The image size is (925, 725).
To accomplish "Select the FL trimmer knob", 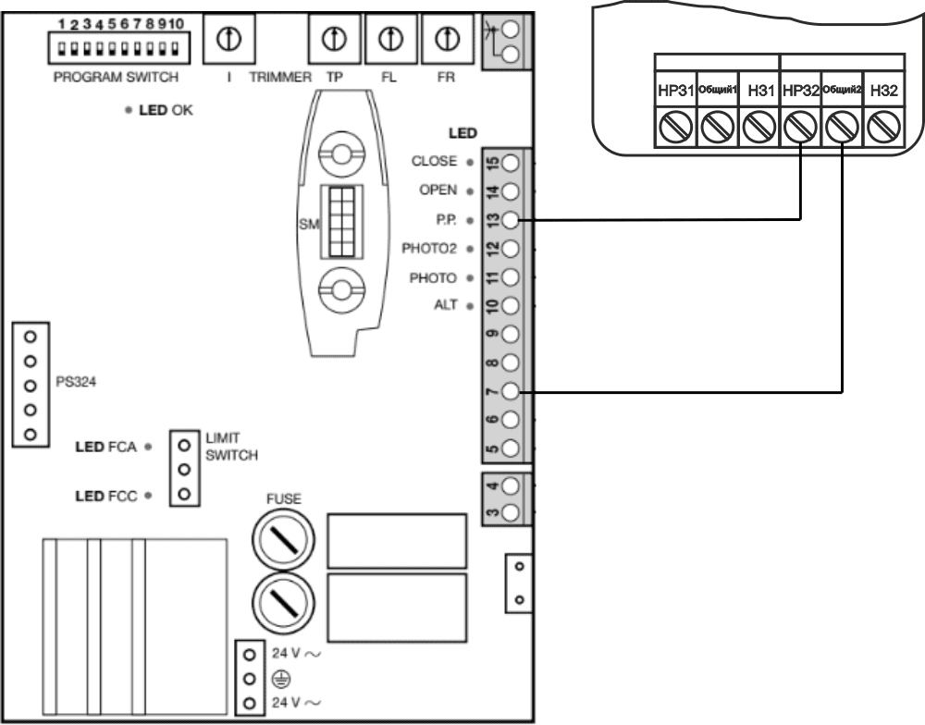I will point(390,38).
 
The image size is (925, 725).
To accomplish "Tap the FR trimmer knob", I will point(448,38).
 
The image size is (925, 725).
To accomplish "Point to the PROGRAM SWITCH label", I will point(116,78).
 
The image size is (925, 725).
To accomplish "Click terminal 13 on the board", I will point(511,220).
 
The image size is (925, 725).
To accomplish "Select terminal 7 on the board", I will point(511,392).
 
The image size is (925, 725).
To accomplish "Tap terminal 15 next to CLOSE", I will point(511,163).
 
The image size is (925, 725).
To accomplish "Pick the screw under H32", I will point(883,126).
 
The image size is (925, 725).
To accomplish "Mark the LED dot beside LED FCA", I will point(148,446).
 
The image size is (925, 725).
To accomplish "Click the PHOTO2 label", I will point(430,249).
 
